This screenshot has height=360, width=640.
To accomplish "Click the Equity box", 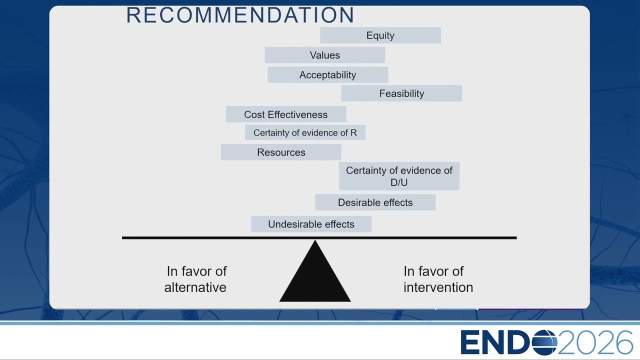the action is tap(380, 35).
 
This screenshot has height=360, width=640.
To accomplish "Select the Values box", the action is tap(325, 55).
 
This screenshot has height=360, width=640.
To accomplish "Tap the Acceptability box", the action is tap(327, 75).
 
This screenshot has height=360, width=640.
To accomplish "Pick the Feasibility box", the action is tap(401, 93).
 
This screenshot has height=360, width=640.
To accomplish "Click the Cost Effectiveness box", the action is tap(286, 114).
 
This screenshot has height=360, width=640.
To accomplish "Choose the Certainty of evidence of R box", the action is tap(305, 132).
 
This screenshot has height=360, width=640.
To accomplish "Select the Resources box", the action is tap(281, 152).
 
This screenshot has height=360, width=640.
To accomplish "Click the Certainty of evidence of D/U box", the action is tap(399, 176).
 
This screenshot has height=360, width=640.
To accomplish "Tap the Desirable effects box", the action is tap(375, 202).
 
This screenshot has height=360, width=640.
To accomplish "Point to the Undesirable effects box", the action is tap(311, 224).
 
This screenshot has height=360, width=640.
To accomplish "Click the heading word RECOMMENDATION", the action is tap(240, 15).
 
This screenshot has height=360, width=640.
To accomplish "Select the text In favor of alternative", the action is tap(196, 279).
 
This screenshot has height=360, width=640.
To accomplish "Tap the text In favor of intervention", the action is tap(438, 279).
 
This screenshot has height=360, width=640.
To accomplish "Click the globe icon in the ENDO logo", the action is tap(543, 342).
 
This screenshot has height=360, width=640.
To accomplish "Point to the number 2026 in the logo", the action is tap(595, 342).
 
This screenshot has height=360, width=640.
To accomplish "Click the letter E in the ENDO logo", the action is tap(470, 342).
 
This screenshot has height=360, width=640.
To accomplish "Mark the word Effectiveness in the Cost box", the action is tap(297, 114).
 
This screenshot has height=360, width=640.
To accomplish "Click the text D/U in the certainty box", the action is tap(399, 182).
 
